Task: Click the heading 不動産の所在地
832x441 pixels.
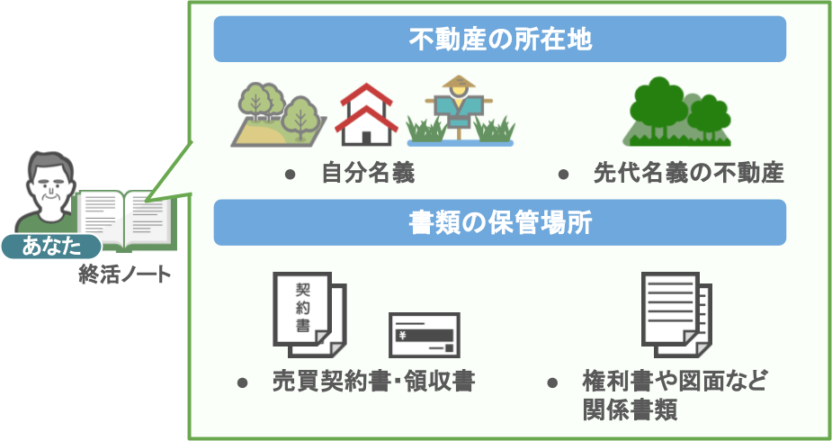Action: coord(500,40)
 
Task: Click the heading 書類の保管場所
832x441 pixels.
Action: coord(500,222)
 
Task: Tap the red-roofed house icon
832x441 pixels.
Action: coord(366,114)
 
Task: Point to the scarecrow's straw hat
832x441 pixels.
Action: coord(459,82)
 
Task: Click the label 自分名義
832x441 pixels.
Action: coord(368,174)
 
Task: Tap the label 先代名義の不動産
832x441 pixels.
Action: coord(689,174)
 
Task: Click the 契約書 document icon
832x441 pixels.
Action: coord(309,315)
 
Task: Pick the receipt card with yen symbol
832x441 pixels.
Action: coord(424,335)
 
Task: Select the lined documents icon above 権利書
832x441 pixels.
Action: coord(676,315)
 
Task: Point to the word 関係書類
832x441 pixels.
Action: coord(630,409)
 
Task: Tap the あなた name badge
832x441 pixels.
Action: coord(51,247)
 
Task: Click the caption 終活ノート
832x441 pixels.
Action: coord(125,274)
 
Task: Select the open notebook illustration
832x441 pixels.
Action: coord(125,220)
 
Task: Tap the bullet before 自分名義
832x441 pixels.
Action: coord(290,174)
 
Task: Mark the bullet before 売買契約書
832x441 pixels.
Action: coord(242,382)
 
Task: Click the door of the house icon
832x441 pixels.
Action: coord(366,138)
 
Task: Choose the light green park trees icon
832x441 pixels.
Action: coord(279,114)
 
